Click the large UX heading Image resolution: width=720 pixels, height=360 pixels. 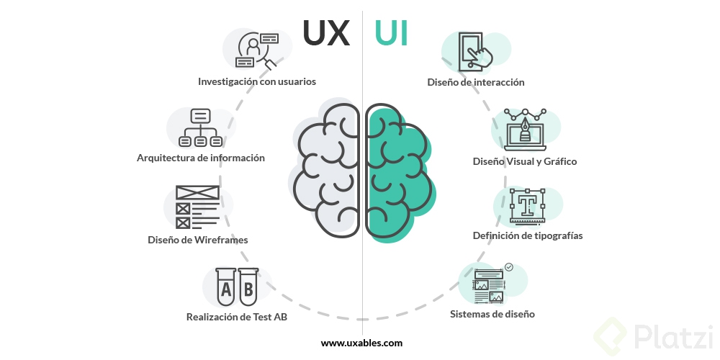pyautogui.click(x=326, y=32)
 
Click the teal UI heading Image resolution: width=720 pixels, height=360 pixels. pyautogui.click(x=391, y=33)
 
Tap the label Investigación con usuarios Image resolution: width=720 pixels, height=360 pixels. pyautogui.click(x=257, y=81)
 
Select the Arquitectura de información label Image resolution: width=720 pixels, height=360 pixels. pyautogui.click(x=201, y=158)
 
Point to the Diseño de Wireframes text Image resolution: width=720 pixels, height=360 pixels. pyautogui.click(x=198, y=240)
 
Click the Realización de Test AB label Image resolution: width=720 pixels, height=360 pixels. pyautogui.click(x=237, y=316)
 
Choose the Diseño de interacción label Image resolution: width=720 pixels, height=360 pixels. pyautogui.click(x=476, y=82)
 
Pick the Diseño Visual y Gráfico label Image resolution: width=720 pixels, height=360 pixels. pyautogui.click(x=525, y=161)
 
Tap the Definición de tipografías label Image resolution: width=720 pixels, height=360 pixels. pyautogui.click(x=528, y=235)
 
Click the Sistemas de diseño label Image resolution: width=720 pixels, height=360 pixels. pyautogui.click(x=492, y=314)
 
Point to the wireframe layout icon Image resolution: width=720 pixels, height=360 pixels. pyautogui.click(x=197, y=208)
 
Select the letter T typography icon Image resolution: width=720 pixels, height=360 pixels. pyautogui.click(x=527, y=206)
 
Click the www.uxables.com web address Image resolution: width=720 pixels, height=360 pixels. pyautogui.click(x=361, y=343)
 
